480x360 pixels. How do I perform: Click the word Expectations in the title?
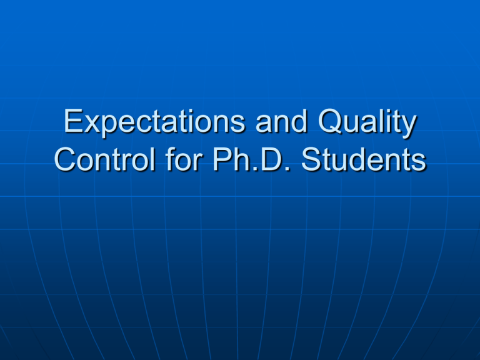154,122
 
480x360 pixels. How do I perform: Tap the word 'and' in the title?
281,121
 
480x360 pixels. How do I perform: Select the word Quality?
367,122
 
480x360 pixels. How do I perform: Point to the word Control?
105,159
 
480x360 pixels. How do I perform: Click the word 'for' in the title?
184,159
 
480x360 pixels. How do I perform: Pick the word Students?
363,159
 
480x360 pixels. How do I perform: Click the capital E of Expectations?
72,121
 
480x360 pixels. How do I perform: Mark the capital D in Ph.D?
270,159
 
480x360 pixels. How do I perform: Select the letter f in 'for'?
171,159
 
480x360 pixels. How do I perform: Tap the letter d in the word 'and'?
299,121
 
